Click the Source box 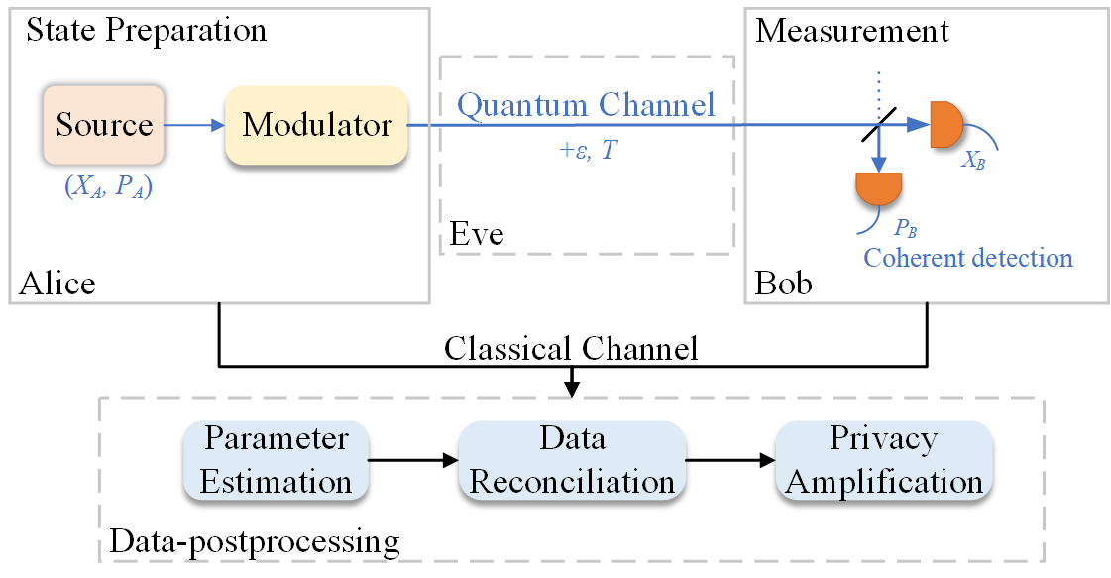click(104, 125)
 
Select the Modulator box click(317, 126)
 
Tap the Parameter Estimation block click(276, 460)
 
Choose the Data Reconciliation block click(572, 460)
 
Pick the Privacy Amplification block click(884, 460)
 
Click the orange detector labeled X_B click(945, 125)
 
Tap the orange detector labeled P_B click(878, 188)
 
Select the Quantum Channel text click(586, 105)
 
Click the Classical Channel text click(571, 349)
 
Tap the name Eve click(477, 234)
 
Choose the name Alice click(57, 284)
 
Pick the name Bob click(783, 284)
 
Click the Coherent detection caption click(968, 258)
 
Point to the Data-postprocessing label click(255, 541)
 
